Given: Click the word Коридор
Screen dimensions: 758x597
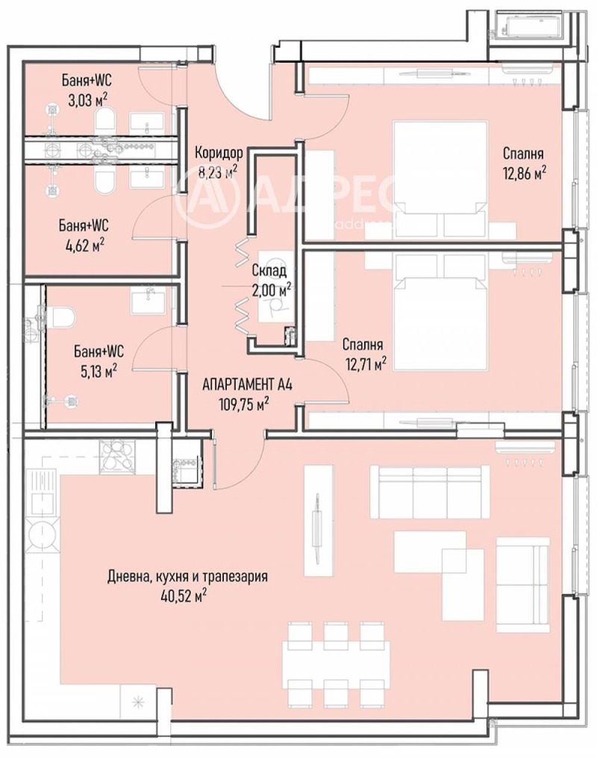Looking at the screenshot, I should (219, 153).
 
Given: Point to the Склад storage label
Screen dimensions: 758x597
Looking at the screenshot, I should (269, 270).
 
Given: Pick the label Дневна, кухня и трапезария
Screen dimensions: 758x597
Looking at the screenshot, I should (187, 577).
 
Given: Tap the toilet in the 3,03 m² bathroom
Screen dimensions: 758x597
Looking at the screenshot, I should (106, 119).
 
